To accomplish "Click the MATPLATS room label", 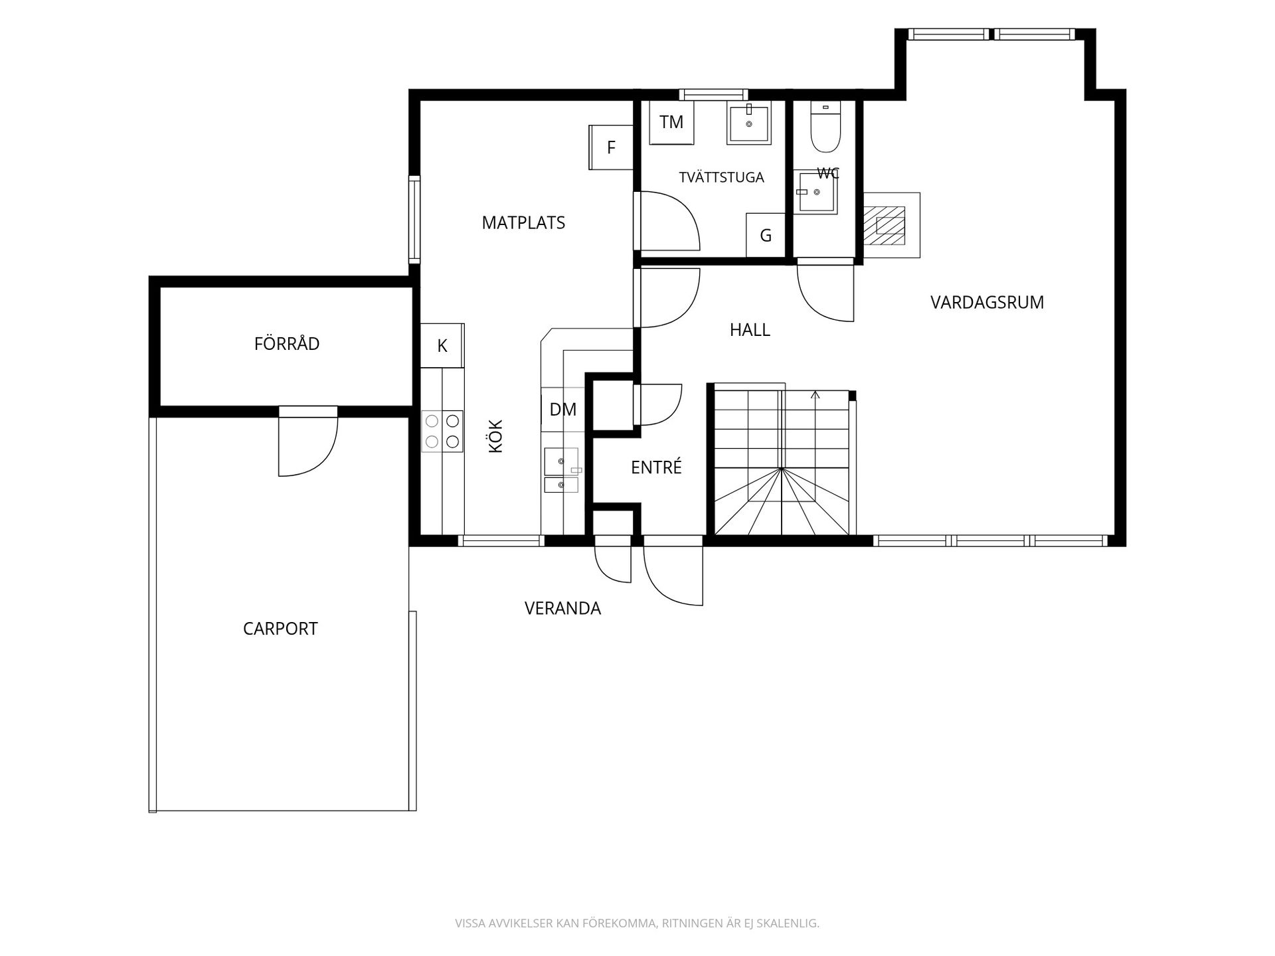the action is (523, 222).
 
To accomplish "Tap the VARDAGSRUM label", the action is (987, 303).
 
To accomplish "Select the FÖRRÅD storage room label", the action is (287, 344).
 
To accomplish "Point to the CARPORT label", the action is (280, 629).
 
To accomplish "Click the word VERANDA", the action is (562, 608).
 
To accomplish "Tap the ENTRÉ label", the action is (656, 467).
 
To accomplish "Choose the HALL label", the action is (750, 330).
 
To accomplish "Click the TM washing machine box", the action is (671, 122).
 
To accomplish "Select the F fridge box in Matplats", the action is (611, 147).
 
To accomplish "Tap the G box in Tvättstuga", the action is (766, 235).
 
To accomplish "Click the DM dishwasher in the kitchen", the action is (562, 410).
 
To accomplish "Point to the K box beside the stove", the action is (442, 345).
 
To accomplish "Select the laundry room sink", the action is (750, 123).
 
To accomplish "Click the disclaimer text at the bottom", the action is (637, 923).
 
